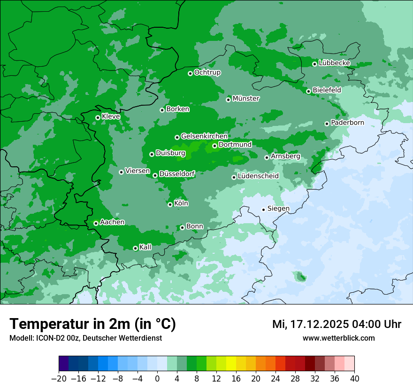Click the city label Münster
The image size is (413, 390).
[x=246, y=99]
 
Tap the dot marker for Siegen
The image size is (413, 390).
[x=263, y=210]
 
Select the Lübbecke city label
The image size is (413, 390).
[x=334, y=63]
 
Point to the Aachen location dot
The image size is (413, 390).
[x=96, y=223]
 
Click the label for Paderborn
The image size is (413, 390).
[x=347, y=123]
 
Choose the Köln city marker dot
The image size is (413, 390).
[x=170, y=204]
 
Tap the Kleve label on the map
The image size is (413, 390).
[x=111, y=116]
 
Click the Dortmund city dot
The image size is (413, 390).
[x=214, y=146]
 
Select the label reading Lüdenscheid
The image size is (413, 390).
[x=258, y=176]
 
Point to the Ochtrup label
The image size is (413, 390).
[x=207, y=72]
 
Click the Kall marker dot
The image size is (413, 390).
[x=135, y=248]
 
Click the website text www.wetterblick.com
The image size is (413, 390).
[x=338, y=338]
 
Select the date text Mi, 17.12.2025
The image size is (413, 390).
[x=310, y=324]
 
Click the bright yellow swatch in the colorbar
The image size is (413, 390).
[x=231, y=364]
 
